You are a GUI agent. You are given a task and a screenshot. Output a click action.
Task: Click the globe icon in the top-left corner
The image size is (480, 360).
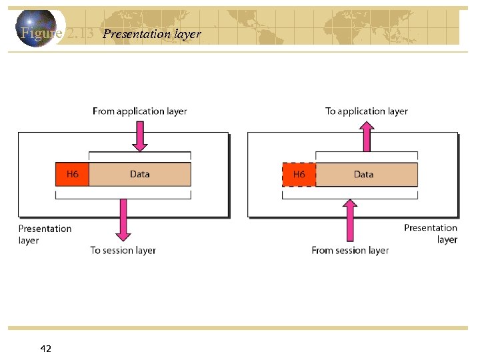coord(36,28)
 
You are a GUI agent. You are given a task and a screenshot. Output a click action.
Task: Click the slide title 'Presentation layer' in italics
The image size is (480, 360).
coord(152,34)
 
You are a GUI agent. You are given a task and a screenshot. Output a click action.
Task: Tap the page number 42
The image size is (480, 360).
coord(46,349)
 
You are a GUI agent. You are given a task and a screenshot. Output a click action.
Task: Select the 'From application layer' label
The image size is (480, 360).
coord(139,111)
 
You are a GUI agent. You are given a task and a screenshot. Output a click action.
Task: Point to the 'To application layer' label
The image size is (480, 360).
coord(366,111)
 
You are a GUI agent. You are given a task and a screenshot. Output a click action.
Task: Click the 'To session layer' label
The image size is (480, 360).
coord(123,251)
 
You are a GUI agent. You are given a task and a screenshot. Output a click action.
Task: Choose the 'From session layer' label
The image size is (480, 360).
coord(350,251)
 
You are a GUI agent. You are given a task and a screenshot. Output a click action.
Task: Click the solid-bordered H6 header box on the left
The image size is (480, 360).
coord(72,175)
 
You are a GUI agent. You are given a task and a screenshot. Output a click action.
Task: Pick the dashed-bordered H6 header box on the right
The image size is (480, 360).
coord(299,175)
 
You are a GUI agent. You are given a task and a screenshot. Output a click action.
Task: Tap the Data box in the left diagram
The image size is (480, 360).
coord(140,175)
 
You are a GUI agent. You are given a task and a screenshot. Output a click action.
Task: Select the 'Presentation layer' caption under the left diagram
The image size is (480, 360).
coord(44,234)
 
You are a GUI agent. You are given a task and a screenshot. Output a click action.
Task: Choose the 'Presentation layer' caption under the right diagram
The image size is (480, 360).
coord(431,233)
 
